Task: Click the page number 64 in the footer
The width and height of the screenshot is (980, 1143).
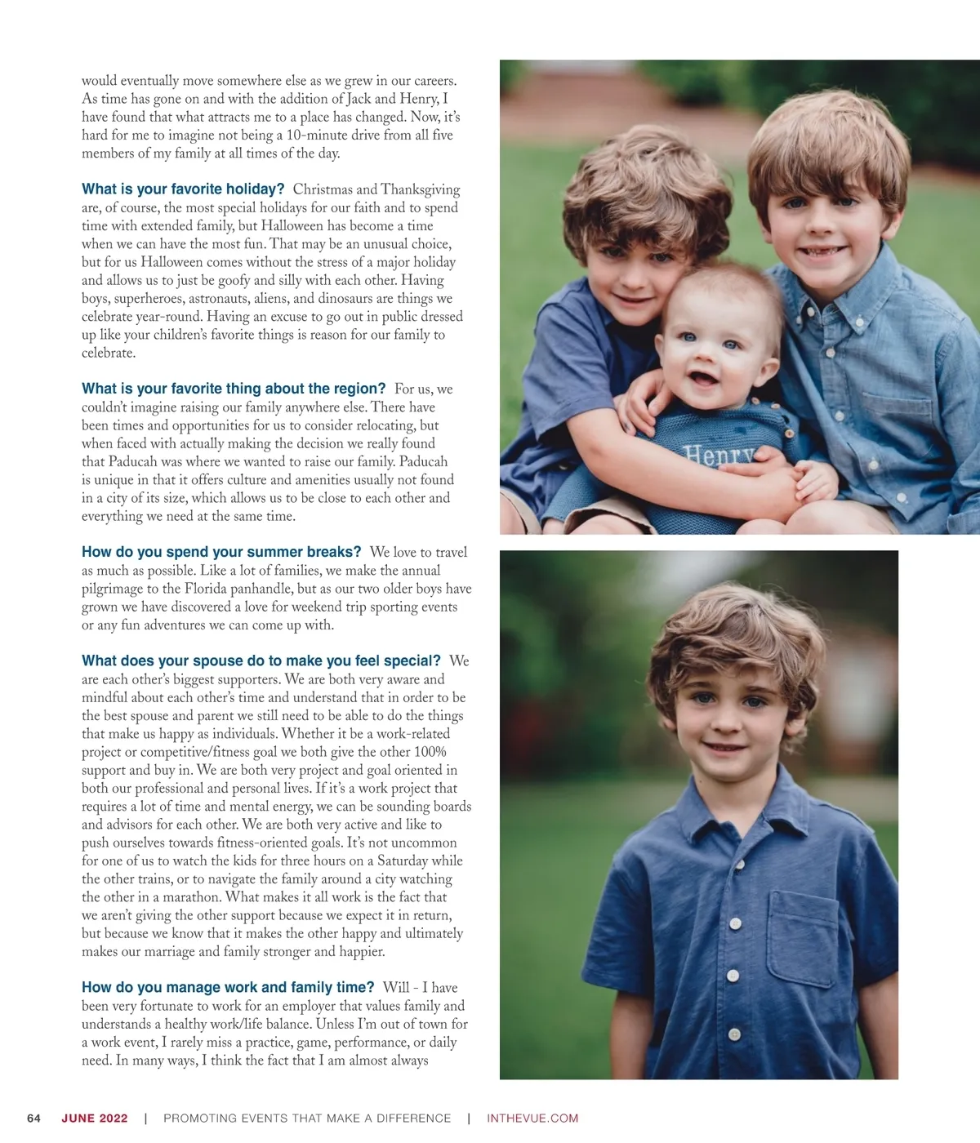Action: (x=33, y=1119)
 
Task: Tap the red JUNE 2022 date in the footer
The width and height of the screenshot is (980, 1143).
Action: (x=95, y=1119)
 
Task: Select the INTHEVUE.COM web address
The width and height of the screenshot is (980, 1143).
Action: (x=532, y=1119)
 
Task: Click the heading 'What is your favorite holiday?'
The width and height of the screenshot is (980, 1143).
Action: (x=183, y=189)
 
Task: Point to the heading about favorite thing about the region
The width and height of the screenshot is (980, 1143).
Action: (x=234, y=389)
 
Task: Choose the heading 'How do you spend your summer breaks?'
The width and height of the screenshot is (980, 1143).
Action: (x=221, y=552)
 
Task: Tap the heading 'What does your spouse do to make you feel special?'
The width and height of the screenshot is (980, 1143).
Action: (x=261, y=660)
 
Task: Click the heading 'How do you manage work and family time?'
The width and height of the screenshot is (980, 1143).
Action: (x=228, y=987)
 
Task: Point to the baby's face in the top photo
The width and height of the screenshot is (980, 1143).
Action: (x=710, y=351)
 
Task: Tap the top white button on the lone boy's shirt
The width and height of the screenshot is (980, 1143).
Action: (x=735, y=923)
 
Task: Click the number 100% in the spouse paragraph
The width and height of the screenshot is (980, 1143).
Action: (x=430, y=752)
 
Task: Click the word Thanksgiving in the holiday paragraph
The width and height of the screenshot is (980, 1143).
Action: (x=420, y=189)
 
